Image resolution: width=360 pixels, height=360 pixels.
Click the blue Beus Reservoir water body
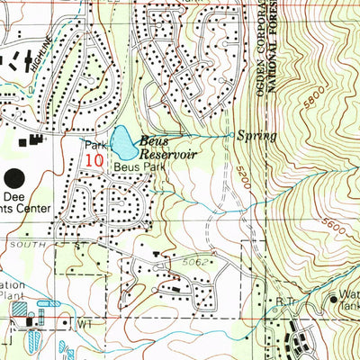[121, 142]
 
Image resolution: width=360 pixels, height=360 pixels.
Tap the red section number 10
[94, 159]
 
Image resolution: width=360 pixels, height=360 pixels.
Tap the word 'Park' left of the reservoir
[96, 144]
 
